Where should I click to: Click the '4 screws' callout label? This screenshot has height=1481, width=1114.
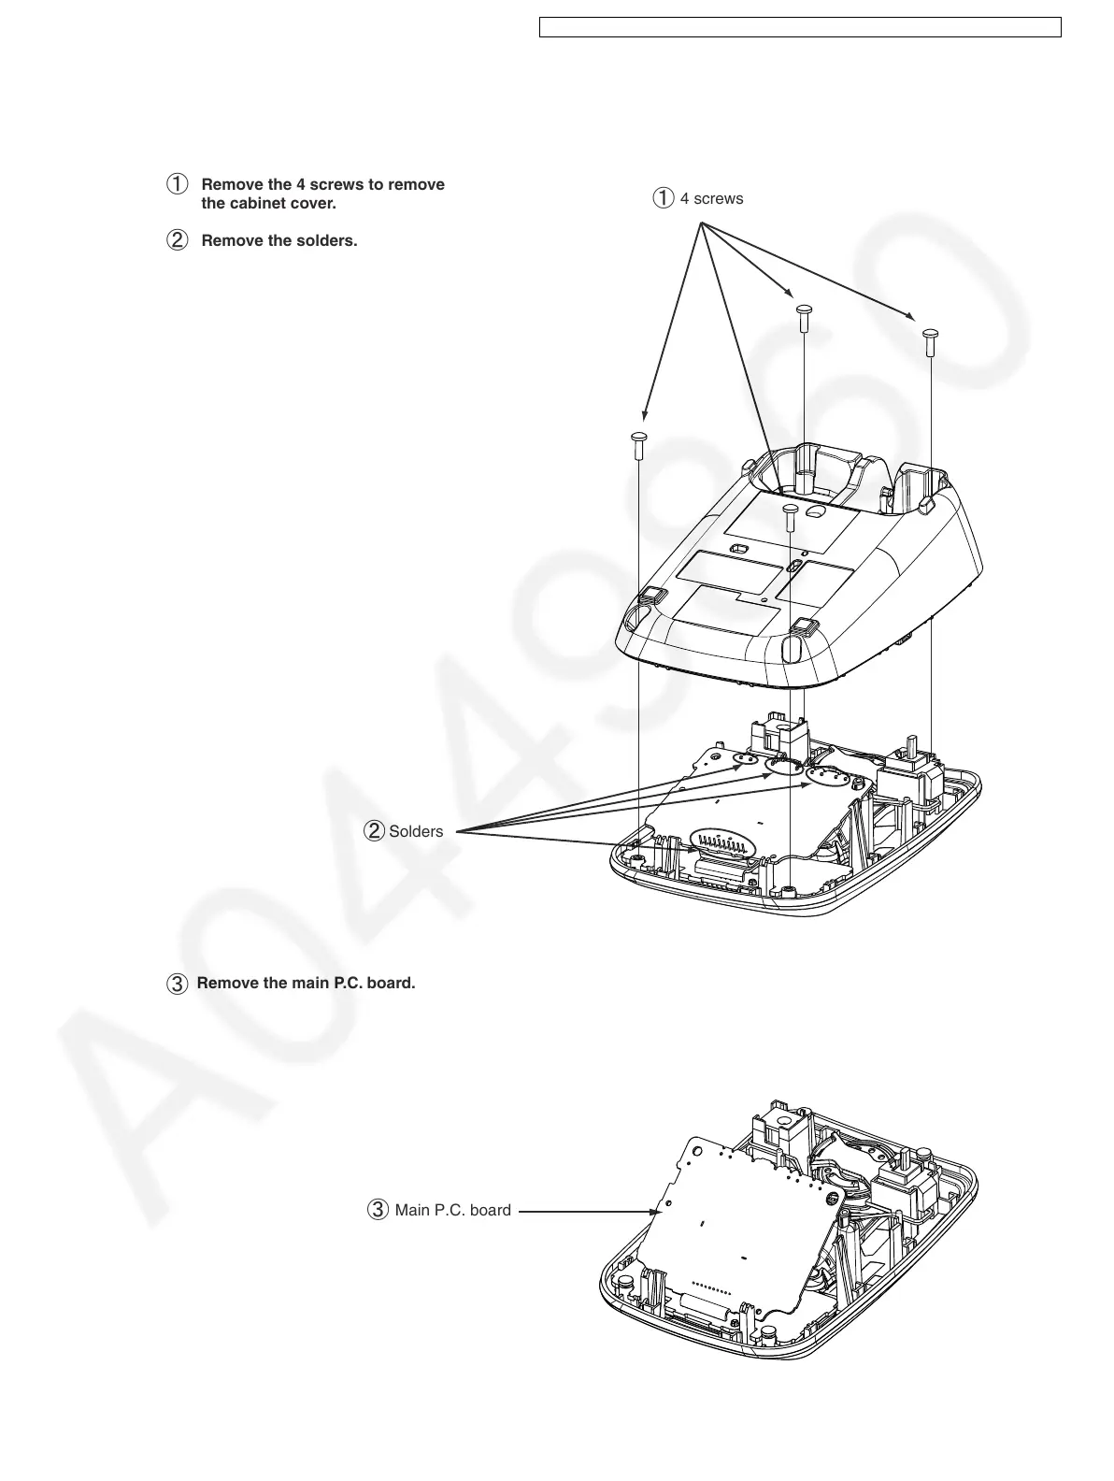tap(711, 198)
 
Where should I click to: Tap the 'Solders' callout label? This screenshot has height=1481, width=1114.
tap(416, 831)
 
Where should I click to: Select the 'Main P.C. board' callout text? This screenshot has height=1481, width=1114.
tap(452, 1210)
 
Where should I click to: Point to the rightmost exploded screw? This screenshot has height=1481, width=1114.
tap(930, 341)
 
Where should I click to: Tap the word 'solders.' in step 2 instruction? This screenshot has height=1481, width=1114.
tap(326, 240)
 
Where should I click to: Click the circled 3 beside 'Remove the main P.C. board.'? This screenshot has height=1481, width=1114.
tap(176, 984)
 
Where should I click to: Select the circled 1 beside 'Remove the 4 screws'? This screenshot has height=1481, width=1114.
tap(177, 184)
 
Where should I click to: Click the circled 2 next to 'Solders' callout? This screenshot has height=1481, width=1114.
tap(375, 830)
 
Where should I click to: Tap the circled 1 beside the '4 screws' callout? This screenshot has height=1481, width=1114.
tap(663, 198)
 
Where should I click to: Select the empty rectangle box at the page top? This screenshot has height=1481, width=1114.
tap(800, 27)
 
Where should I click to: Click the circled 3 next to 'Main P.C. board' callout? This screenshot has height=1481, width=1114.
tap(378, 1210)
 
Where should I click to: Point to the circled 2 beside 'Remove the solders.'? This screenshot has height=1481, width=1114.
tap(177, 240)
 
